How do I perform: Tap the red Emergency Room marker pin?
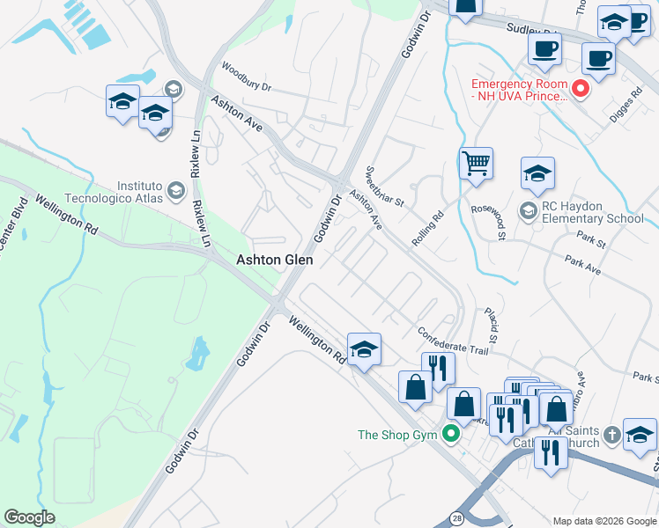click(x=580, y=88)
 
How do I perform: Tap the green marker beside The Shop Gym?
click(x=453, y=434)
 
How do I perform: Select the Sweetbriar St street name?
click(x=384, y=185)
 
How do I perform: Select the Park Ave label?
click(x=583, y=266)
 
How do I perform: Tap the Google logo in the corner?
click(x=29, y=517)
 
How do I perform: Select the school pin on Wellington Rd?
click(x=364, y=349)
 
